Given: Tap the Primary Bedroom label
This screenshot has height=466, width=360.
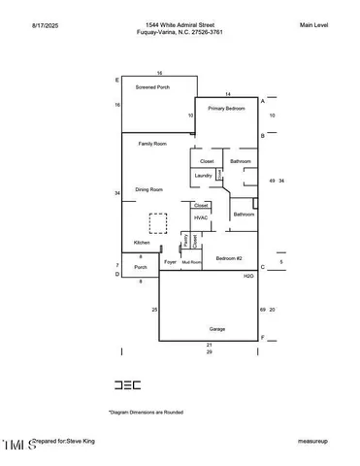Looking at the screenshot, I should click(226, 109).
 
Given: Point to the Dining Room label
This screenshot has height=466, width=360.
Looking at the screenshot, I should click(148, 189).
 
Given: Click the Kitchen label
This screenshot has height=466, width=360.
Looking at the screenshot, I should click(142, 242).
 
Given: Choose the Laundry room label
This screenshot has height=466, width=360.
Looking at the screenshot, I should click(203, 175).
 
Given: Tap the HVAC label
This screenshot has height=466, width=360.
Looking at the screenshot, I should click(201, 217).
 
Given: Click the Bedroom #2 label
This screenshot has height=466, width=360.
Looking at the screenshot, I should click(229, 258).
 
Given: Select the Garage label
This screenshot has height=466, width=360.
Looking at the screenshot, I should click(217, 329).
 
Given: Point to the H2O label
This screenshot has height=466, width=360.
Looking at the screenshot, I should click(248, 277).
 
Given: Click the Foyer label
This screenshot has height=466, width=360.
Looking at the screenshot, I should click(170, 262).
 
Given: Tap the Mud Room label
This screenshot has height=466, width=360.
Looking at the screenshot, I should click(191, 262).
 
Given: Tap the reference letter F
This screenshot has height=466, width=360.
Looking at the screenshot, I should click(262, 337).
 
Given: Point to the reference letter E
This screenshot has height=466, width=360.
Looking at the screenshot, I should click(117, 79).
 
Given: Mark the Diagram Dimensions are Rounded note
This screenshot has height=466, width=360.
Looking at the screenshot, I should click(146, 412).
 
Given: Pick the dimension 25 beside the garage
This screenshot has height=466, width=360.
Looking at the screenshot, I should click(154, 309).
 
